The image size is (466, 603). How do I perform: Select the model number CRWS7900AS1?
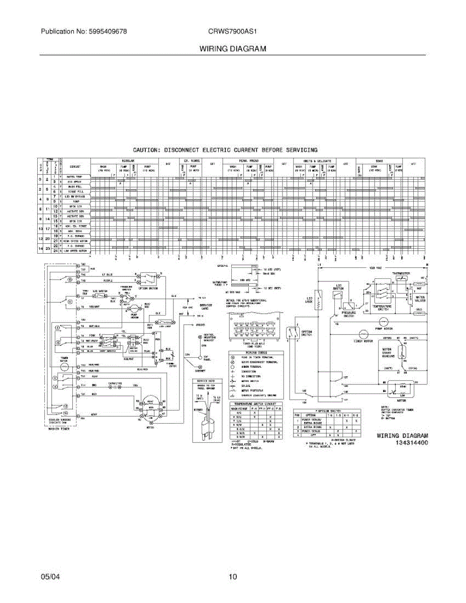pos(232,31)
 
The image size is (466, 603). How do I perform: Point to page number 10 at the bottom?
pos(232,577)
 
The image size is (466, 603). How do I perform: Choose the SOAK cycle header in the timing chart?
pos(379,160)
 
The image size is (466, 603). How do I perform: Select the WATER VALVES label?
pos(420,298)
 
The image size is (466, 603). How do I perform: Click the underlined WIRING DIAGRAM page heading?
pos(232,49)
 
